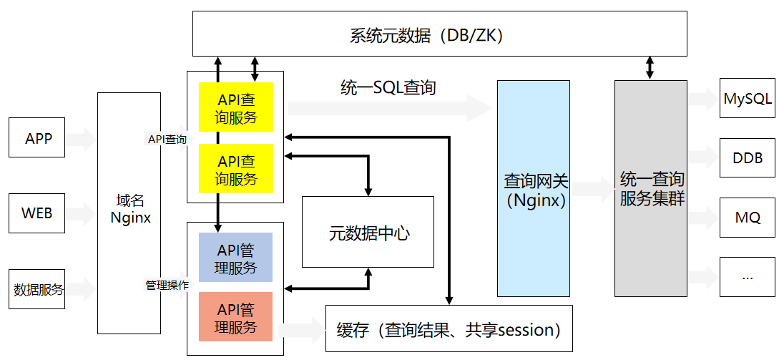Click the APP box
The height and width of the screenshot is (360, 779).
coord(37,137)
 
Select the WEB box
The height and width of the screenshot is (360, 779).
coord(37,213)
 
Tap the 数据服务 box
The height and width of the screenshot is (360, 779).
coord(37,289)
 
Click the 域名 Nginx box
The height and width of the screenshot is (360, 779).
coord(129,213)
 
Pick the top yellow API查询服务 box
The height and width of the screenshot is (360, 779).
coord(236,107)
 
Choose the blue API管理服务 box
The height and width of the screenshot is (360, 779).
coord(236,257)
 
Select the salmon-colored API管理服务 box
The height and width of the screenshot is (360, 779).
coord(236,317)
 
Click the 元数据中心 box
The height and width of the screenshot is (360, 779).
coord(368,232)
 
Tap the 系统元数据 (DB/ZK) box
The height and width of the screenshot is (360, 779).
coord(440,34)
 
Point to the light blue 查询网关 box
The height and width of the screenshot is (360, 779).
coord(534,188)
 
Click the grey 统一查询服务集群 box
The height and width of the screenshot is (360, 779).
coord(651,188)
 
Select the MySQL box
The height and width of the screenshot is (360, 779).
coord(748,98)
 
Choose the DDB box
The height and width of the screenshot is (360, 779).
coord(748,157)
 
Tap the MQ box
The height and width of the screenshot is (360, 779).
coord(748,218)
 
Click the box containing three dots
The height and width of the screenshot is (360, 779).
coord(748,277)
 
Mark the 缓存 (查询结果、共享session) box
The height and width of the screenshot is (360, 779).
coord(449,329)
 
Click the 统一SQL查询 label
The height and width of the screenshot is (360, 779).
coord(388,87)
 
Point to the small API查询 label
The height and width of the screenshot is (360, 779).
coord(167,140)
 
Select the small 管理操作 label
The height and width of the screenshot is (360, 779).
coord(167,286)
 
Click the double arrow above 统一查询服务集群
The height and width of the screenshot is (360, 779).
coord(650,68)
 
